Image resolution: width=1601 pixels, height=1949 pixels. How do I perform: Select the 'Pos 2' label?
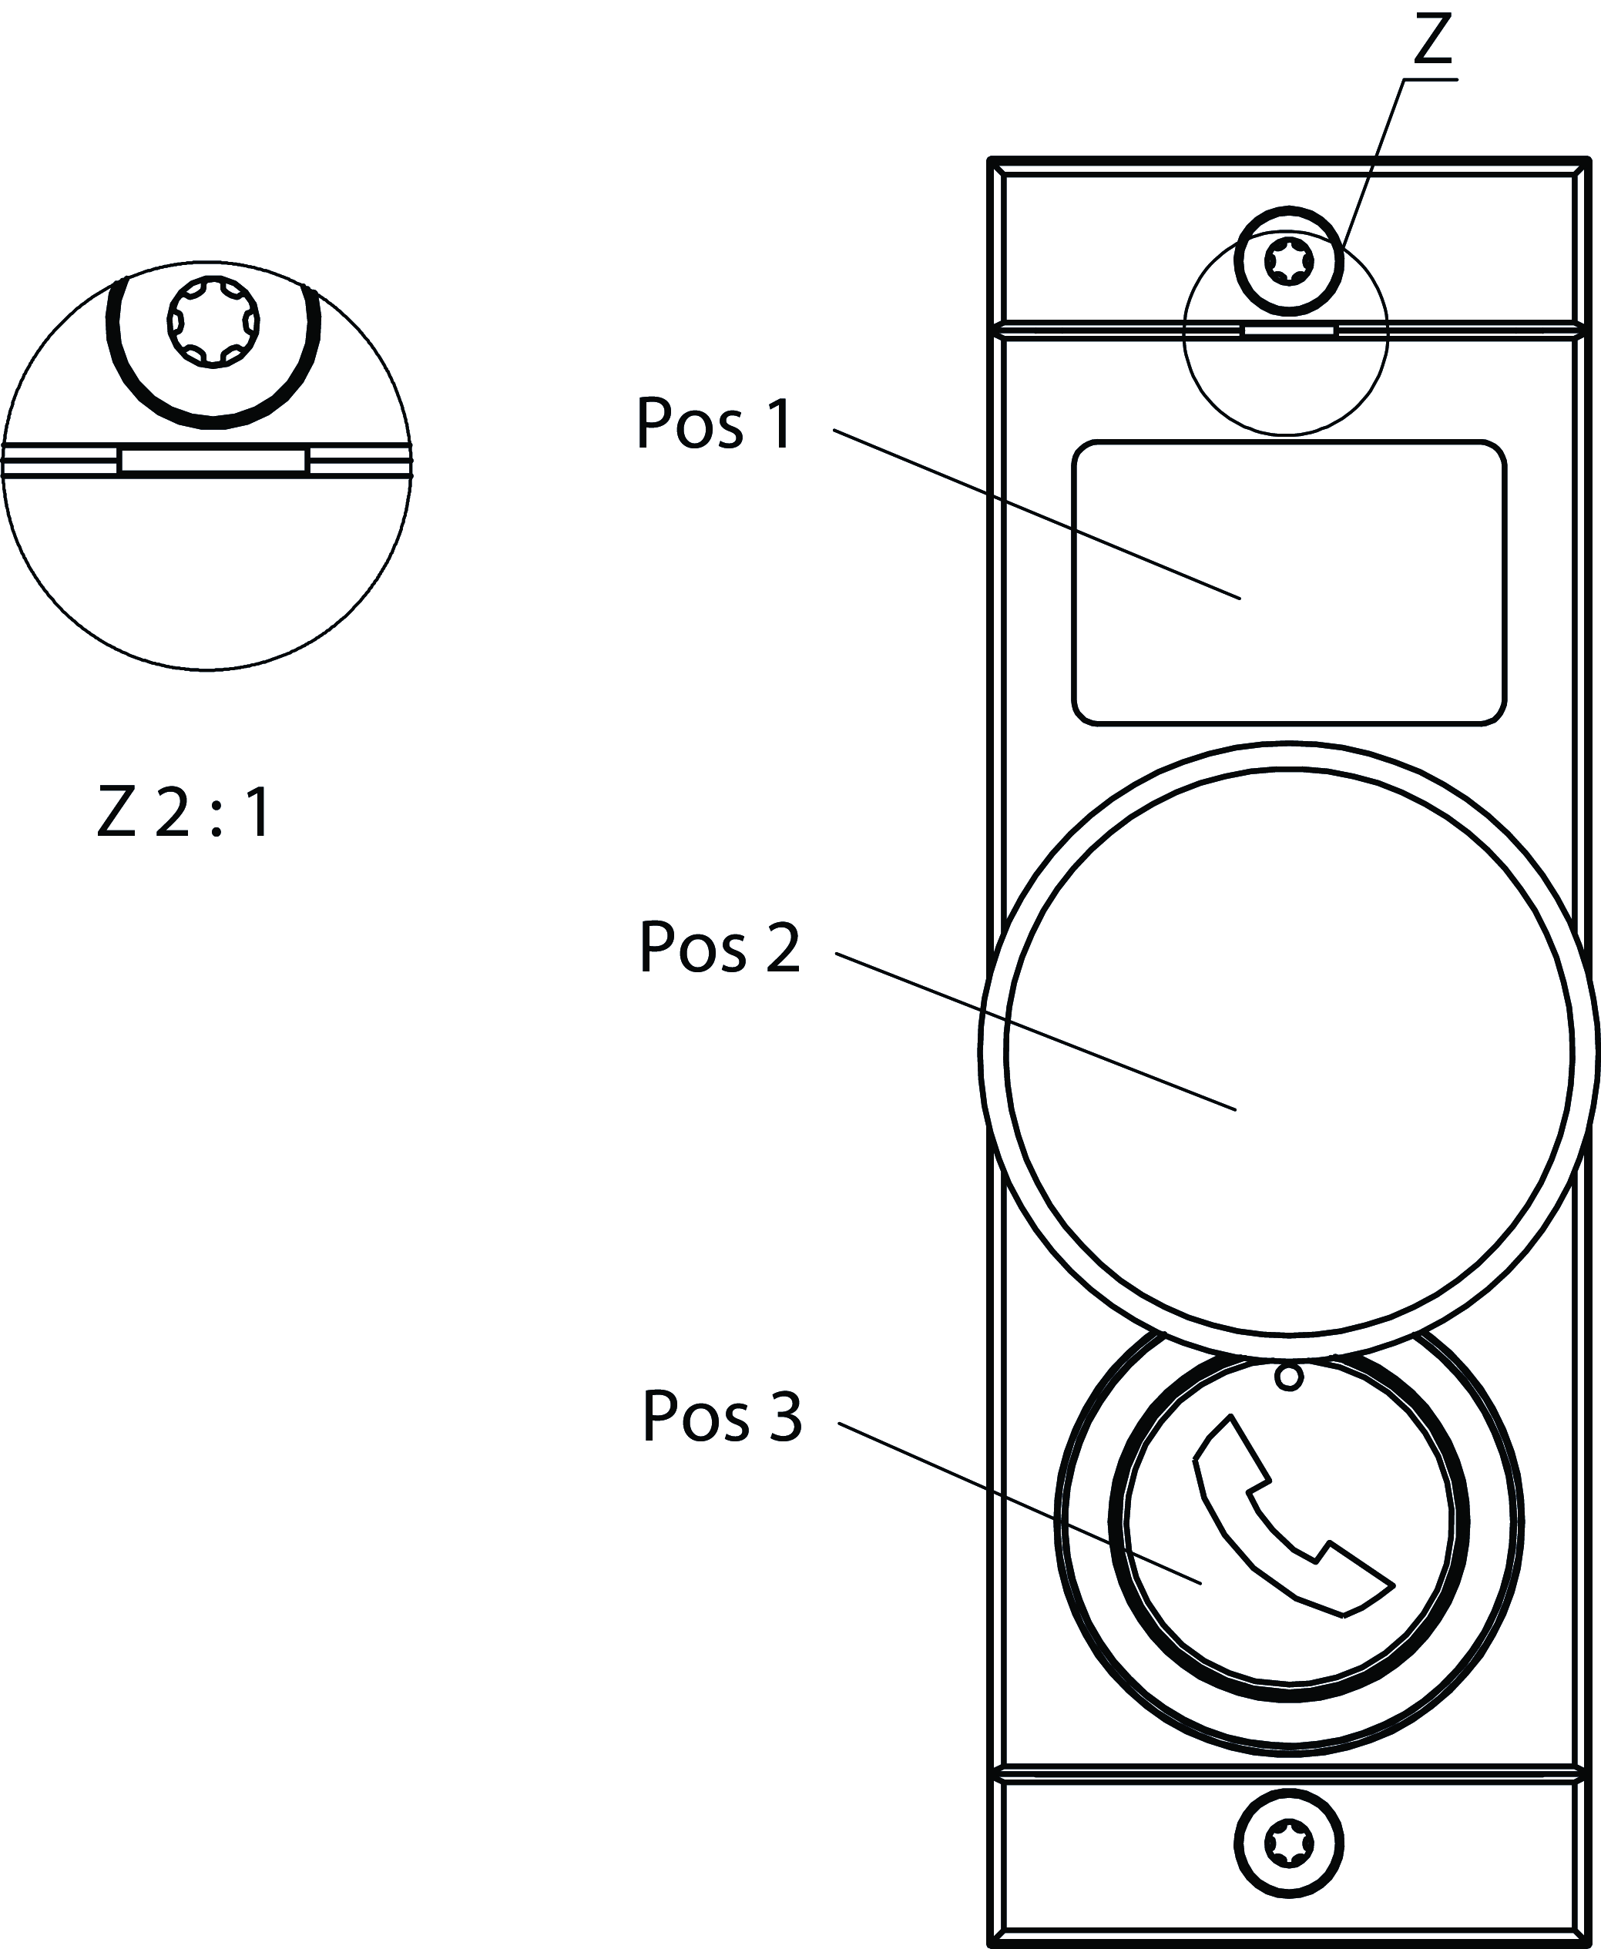pyautogui.click(x=720, y=948)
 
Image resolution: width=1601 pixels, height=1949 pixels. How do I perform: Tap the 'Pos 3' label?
pyautogui.click(x=722, y=1416)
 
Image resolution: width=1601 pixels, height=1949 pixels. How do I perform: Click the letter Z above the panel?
pyautogui.click(x=1432, y=42)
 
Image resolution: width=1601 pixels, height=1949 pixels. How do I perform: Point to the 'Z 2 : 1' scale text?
pyautogui.click(x=184, y=812)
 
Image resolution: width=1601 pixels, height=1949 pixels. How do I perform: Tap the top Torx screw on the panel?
pyautogui.click(x=1288, y=263)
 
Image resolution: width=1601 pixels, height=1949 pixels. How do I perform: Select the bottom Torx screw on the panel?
pyautogui.click(x=1288, y=1844)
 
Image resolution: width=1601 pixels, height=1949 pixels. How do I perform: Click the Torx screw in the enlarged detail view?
pyautogui.click(x=213, y=323)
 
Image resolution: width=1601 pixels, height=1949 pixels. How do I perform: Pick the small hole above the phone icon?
pyautogui.click(x=1289, y=1377)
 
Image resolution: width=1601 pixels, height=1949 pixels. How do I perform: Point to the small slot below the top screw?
pyautogui.click(x=1288, y=329)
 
